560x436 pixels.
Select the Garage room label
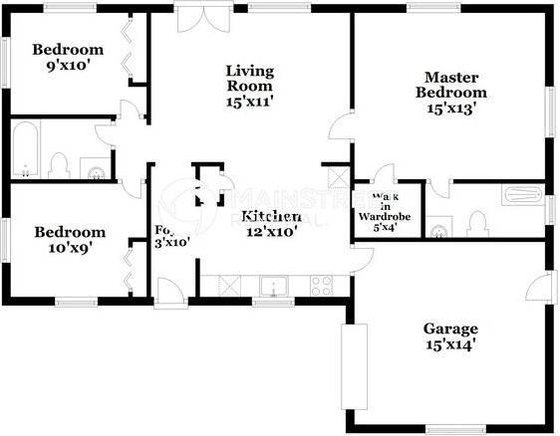(x=449, y=328)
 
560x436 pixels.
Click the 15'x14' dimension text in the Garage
(x=449, y=345)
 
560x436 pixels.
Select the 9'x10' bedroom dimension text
(x=67, y=67)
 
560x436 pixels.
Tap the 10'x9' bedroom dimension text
(x=69, y=249)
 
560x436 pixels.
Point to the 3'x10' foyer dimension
(x=171, y=241)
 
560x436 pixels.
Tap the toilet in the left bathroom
(x=58, y=165)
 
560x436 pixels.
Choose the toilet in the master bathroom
(x=477, y=221)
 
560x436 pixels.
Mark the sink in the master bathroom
(x=439, y=231)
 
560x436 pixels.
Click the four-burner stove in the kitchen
(x=322, y=287)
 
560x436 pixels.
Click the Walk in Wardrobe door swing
(x=383, y=174)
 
